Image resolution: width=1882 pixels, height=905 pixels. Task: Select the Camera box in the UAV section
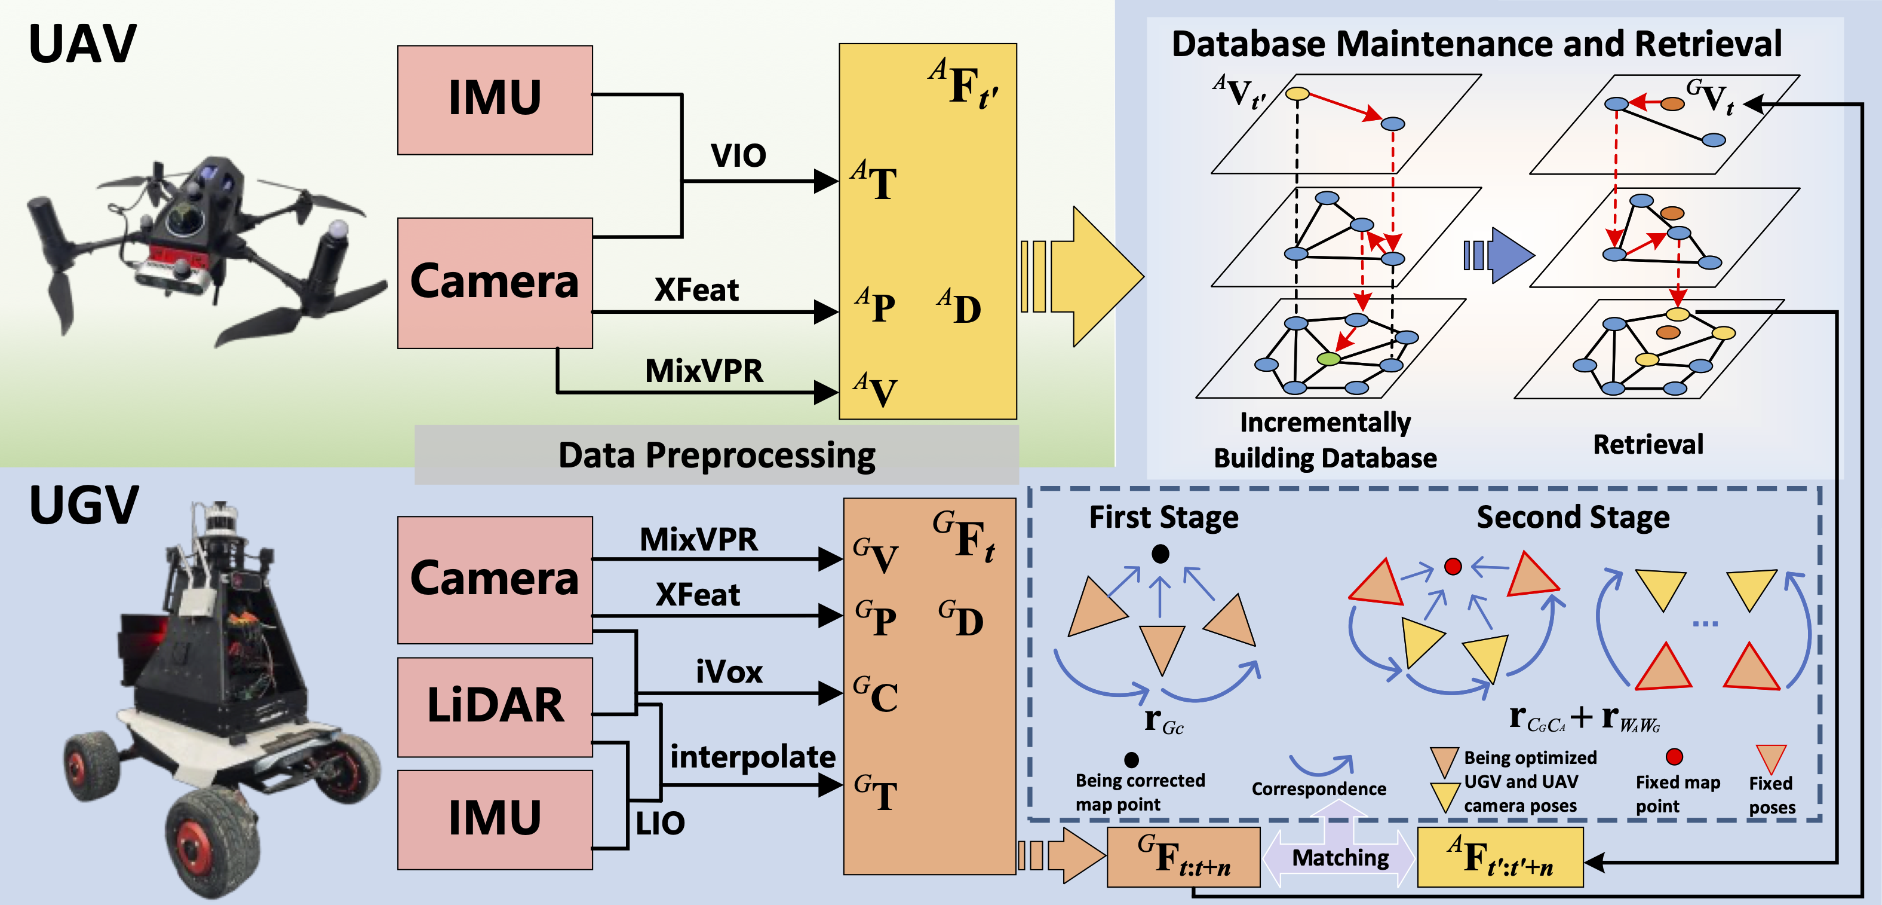(x=495, y=282)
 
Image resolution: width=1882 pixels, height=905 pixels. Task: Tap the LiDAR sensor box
(x=495, y=706)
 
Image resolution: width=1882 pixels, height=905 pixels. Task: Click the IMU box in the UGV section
(x=495, y=819)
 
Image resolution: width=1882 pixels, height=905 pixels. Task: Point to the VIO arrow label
(x=738, y=155)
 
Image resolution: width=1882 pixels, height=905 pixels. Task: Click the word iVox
(x=729, y=672)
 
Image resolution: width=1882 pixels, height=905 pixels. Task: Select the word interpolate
(x=752, y=757)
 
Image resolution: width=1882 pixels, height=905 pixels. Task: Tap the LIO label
(x=660, y=824)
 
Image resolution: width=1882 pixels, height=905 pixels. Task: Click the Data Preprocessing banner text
(x=716, y=455)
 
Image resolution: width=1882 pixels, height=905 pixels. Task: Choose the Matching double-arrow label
(x=1340, y=858)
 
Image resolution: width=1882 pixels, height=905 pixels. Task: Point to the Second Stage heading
(x=1573, y=517)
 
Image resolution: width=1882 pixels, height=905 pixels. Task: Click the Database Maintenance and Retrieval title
(x=1476, y=44)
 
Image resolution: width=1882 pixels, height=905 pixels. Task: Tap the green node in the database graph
(x=1329, y=359)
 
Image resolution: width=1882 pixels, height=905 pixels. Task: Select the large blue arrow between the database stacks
(x=1506, y=255)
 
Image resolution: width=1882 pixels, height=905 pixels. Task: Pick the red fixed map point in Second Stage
(x=1453, y=567)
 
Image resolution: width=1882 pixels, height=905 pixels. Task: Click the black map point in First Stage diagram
(x=1160, y=554)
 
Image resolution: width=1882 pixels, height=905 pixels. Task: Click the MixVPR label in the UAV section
(x=704, y=371)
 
